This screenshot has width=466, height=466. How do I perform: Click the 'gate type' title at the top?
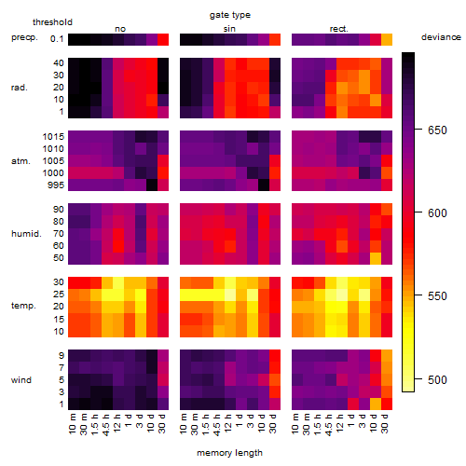230,15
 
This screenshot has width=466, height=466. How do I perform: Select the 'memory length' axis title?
229,453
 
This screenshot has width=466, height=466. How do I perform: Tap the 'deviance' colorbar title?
441,37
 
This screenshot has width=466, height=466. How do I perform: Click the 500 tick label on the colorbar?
437,379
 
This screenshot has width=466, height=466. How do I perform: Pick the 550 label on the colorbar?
437,296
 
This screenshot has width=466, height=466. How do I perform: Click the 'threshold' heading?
52,22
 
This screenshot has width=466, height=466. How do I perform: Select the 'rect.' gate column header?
338,29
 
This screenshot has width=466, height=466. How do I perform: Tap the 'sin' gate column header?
229,29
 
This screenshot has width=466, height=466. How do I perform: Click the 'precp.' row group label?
24,37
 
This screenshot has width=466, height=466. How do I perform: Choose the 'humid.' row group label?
26,234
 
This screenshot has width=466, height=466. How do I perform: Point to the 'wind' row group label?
21,380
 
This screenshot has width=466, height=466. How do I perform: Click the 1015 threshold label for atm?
53,137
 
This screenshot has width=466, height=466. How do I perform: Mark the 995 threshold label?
56,185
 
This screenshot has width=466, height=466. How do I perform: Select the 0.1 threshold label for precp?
57,39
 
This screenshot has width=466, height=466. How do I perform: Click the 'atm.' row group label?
21,161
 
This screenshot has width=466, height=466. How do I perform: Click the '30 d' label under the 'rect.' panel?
385,424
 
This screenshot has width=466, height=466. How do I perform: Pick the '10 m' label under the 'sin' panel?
184,424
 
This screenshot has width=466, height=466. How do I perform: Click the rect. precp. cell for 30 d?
387,39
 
